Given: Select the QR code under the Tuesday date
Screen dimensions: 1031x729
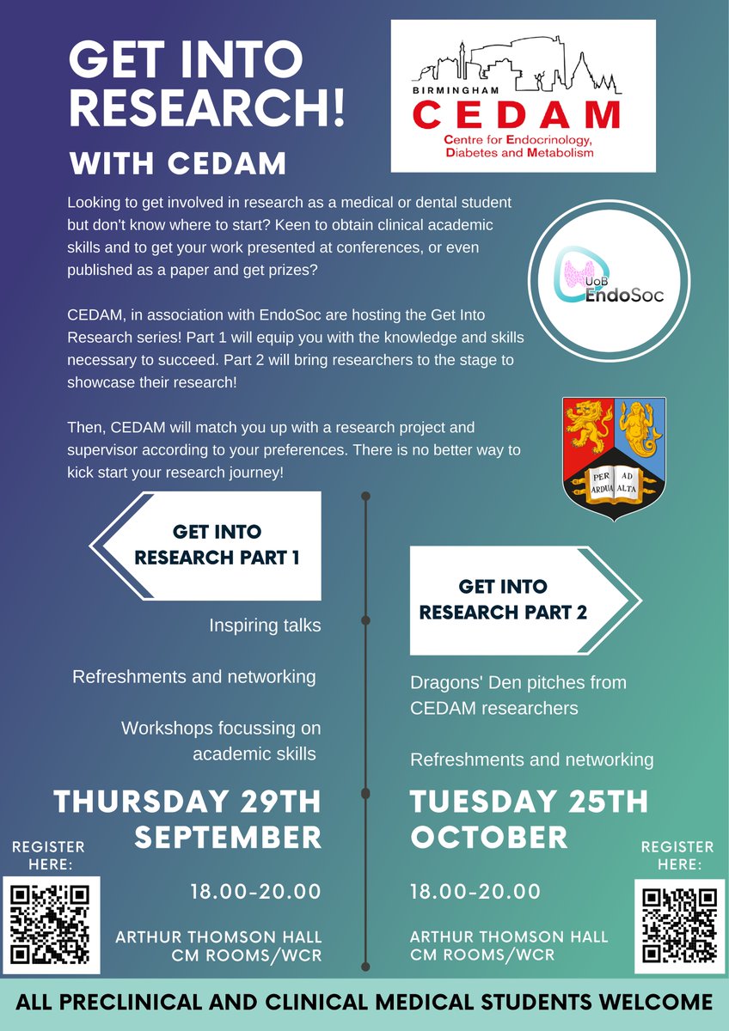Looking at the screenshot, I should [680, 924].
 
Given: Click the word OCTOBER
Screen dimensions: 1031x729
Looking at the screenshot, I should [489, 837].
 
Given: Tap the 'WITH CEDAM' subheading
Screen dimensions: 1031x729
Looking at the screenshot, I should [178, 163].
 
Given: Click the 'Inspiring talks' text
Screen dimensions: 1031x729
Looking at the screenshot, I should [265, 625].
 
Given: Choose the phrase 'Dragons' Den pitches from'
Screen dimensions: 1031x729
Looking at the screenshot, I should [518, 683].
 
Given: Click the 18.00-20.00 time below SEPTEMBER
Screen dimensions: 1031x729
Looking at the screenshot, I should [255, 892].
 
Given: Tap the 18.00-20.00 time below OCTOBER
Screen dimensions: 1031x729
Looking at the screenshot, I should [475, 892].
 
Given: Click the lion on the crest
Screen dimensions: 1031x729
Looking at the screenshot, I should [588, 425].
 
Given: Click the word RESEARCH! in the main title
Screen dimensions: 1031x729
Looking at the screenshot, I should [206, 107].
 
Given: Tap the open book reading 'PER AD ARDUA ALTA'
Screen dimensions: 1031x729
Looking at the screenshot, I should [614, 480].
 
